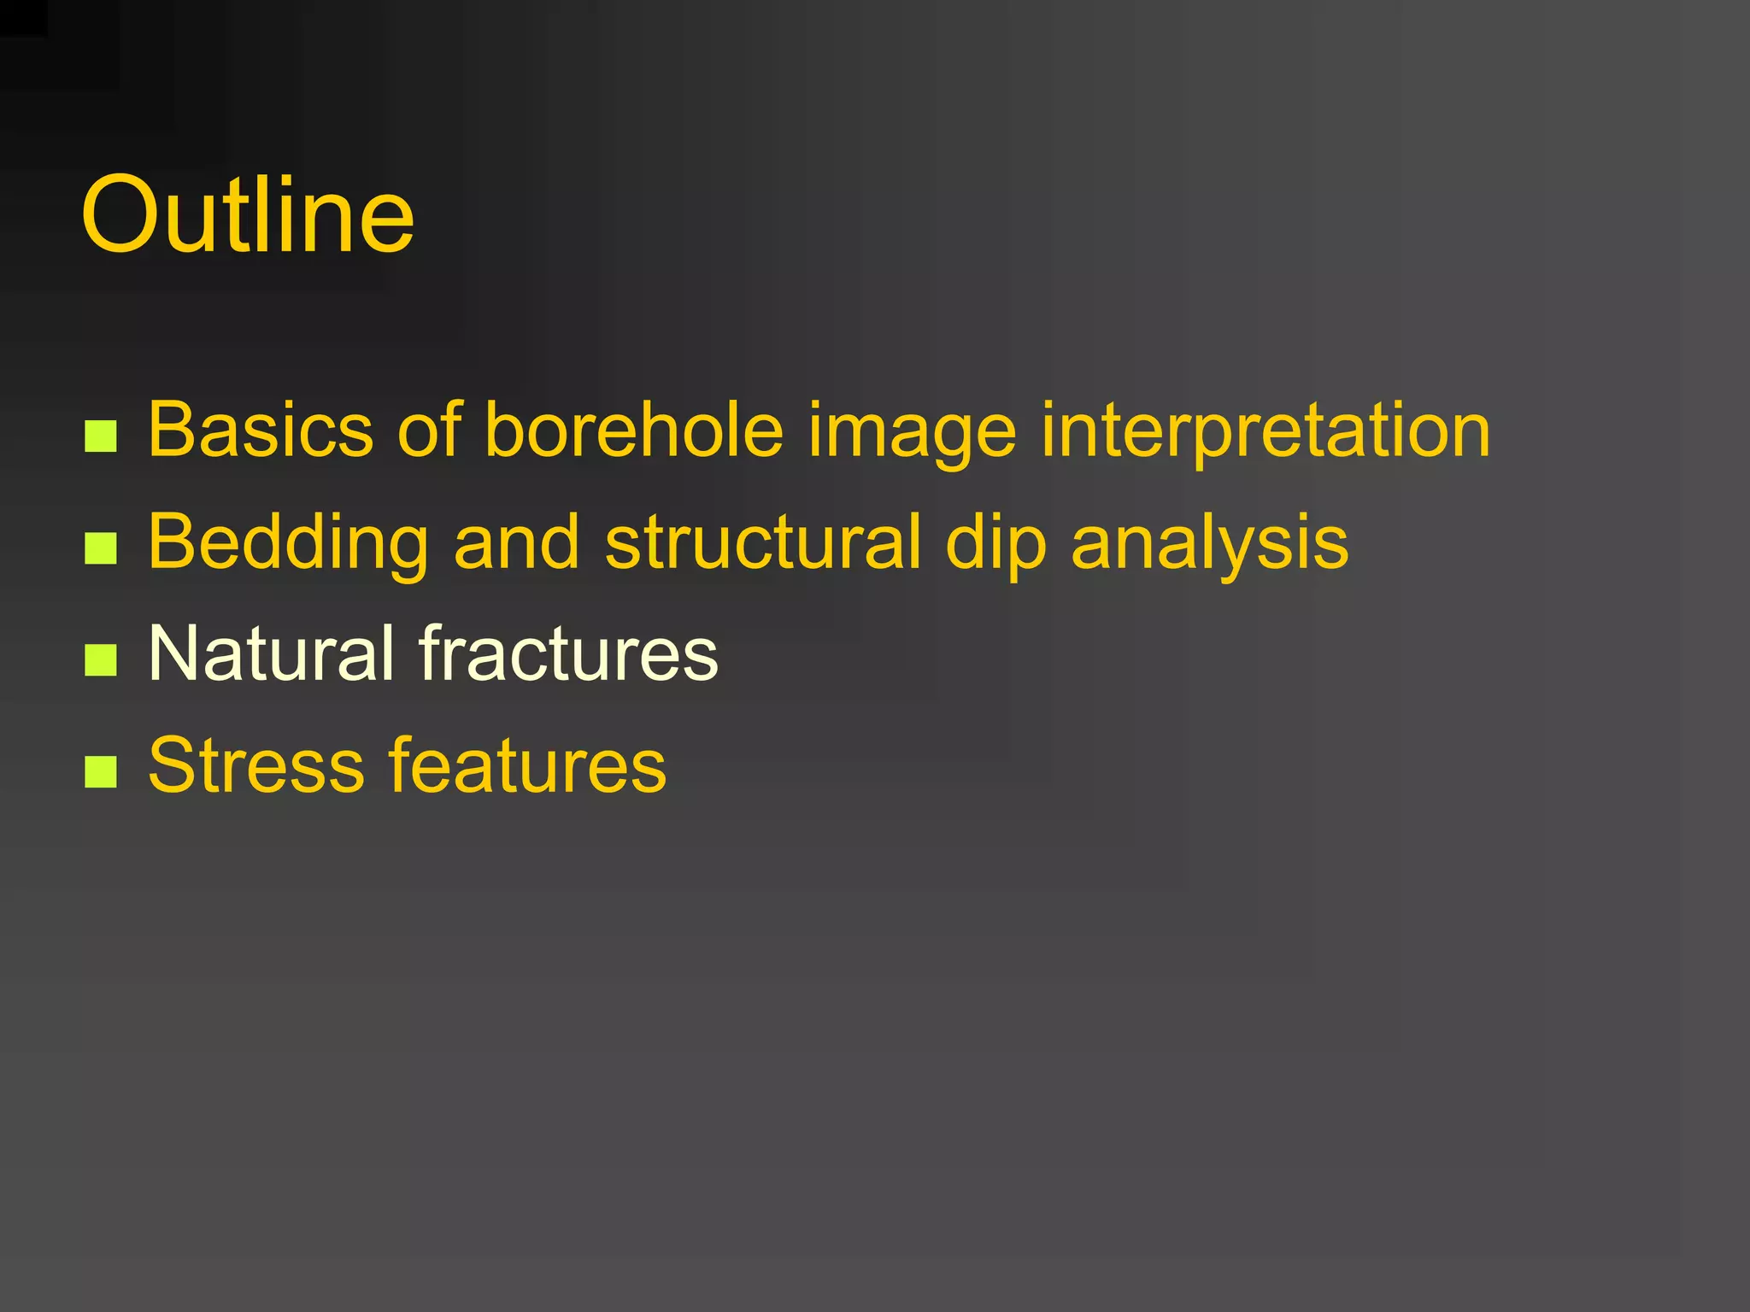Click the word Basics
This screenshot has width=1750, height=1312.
[x=261, y=430]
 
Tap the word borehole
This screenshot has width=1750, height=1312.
[x=634, y=430]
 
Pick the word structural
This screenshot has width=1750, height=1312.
[x=763, y=542]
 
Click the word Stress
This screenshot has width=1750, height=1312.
[x=256, y=765]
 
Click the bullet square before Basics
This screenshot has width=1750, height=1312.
[x=101, y=436]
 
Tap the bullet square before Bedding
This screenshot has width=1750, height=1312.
[x=101, y=548]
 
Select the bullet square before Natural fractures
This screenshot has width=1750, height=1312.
[x=101, y=660]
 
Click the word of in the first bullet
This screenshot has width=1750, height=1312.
[x=430, y=430]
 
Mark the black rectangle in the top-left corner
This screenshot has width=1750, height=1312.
[x=23, y=17]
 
